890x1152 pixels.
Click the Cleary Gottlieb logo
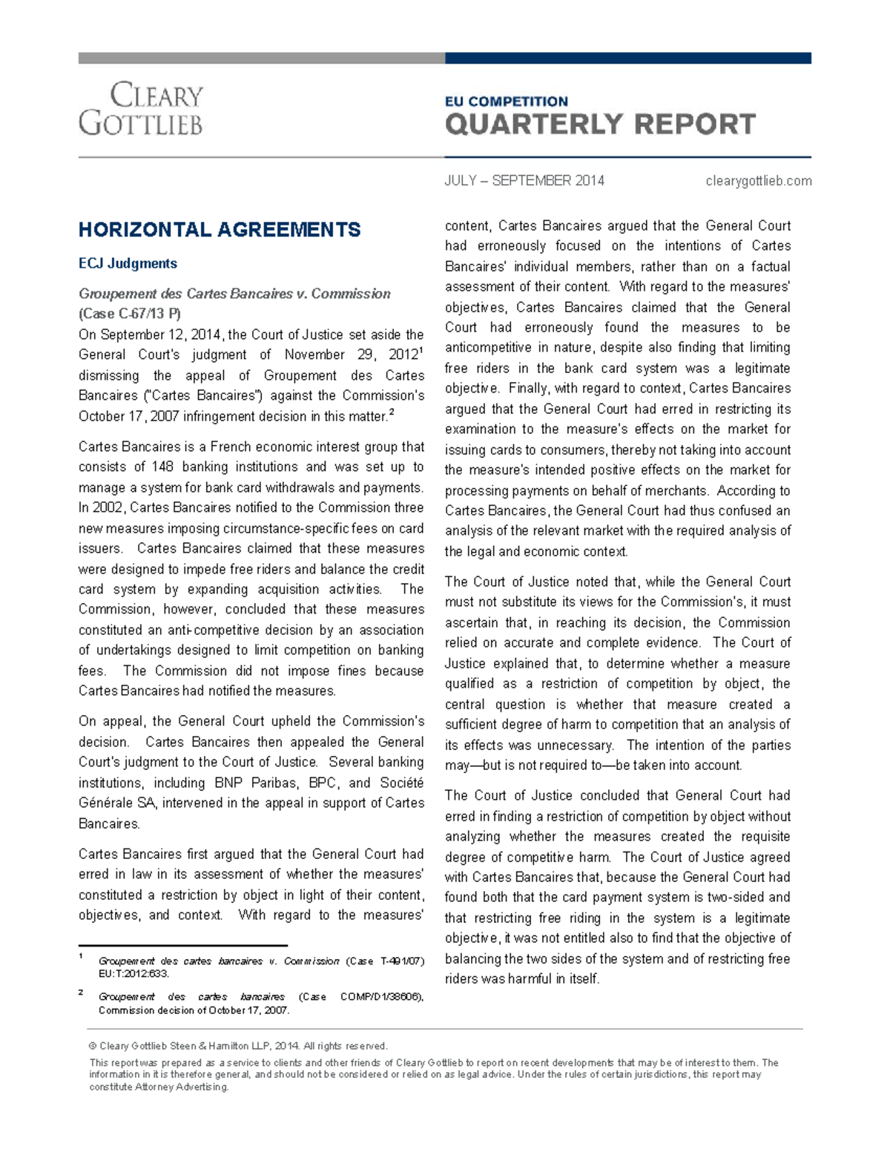coord(141,109)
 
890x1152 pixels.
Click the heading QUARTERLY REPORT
coord(600,125)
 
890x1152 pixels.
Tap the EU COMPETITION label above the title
coord(506,102)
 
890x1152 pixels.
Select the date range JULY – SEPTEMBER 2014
coord(524,181)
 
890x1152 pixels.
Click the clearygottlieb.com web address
coord(758,181)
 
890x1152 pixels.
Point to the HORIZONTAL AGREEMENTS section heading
coord(220,230)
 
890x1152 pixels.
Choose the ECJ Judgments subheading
coord(128,263)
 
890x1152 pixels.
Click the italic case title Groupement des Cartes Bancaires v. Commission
coord(234,294)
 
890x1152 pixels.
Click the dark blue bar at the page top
coord(627,59)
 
